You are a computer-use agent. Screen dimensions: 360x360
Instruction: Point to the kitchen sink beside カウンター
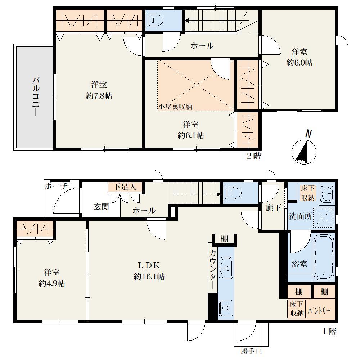226,268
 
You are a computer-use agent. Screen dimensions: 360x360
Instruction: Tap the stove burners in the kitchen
226,308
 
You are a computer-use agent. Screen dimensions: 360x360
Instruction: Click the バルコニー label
36,96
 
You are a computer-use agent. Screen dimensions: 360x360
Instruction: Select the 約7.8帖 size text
99,96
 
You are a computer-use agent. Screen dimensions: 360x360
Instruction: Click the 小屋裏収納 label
175,107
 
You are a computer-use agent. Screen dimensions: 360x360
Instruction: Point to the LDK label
149,265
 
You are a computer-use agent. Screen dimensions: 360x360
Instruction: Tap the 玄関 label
101,207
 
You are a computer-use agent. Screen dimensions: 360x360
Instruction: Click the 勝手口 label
251,351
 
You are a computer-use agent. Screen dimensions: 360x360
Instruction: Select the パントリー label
319,311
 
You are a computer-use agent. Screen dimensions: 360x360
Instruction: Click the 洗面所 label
300,216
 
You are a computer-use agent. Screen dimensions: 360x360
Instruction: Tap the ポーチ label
56,186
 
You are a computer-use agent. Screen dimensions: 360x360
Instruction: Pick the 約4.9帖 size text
52,284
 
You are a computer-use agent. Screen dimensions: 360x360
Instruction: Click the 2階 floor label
254,156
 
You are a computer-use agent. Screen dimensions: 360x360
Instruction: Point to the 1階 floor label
329,331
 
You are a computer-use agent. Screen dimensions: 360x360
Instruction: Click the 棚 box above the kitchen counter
225,239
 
